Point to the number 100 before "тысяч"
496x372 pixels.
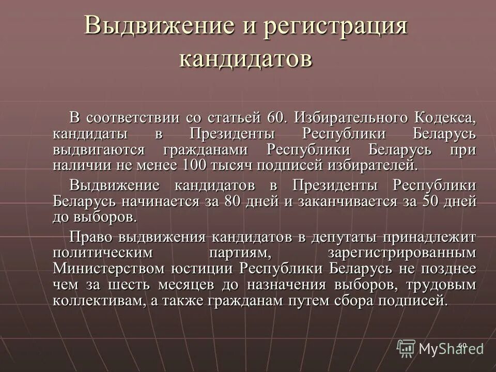(x=194, y=165)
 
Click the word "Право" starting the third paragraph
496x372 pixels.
(x=91, y=237)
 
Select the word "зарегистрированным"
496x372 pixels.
(x=401, y=253)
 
